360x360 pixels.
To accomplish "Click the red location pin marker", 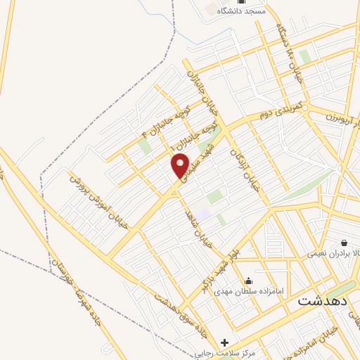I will pyautogui.click(x=180, y=165).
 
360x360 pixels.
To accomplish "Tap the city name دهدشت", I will pyautogui.click(x=323, y=300).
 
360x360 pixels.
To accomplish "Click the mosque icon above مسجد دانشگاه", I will pyautogui.click(x=240, y=1).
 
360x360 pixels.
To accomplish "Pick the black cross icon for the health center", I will pyautogui.click(x=224, y=343).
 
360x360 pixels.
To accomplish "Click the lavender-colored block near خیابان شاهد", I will pyautogui.click(x=202, y=214).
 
